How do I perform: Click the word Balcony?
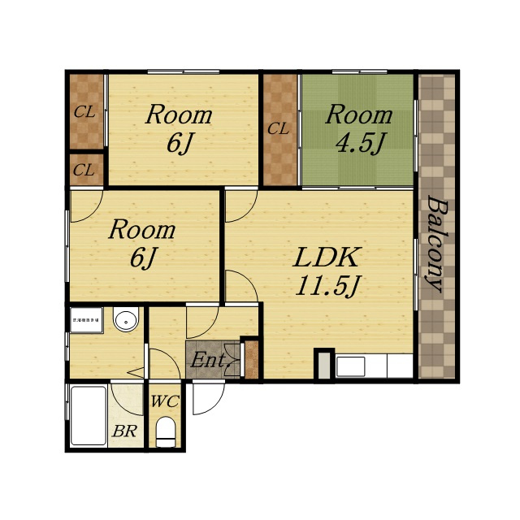[435, 245]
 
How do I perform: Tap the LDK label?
[326, 258]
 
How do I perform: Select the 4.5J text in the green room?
[360, 143]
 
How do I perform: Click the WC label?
[165, 401]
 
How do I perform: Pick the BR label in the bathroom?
[124, 431]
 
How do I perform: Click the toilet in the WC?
[165, 432]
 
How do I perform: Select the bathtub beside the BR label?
[89, 415]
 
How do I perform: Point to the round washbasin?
[126, 319]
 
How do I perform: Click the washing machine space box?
[87, 320]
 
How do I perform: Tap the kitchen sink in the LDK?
[350, 366]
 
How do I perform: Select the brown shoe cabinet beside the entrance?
[252, 359]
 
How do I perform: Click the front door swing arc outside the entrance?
[209, 398]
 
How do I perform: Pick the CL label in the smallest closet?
[84, 171]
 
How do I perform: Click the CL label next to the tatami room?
[278, 128]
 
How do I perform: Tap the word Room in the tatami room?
[359, 115]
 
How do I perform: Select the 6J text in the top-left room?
[180, 144]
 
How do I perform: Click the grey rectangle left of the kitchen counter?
[324, 366]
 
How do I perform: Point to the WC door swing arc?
[166, 362]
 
